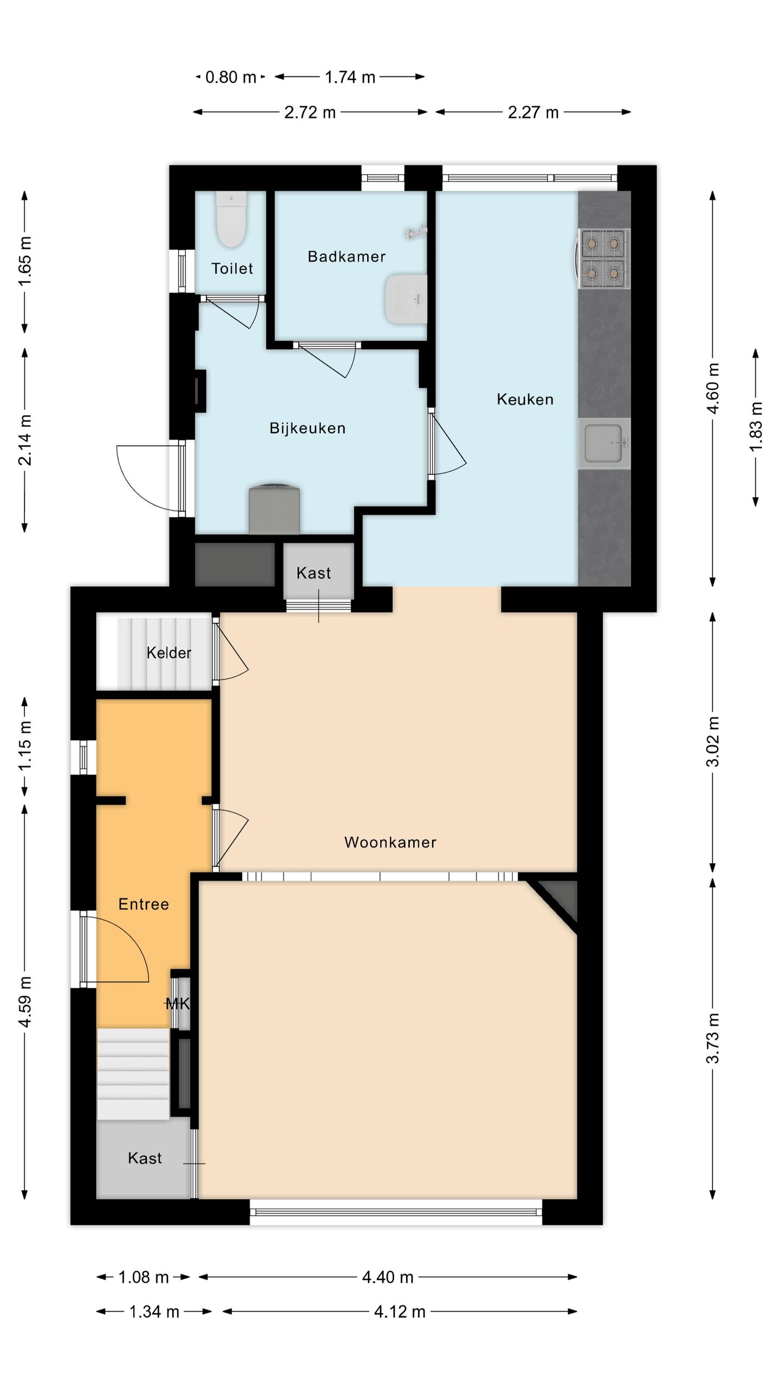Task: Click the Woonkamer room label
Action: (390, 842)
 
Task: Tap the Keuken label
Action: (525, 400)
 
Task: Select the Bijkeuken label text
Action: (307, 428)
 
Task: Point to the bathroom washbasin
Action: (406, 299)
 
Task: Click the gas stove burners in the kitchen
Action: (604, 259)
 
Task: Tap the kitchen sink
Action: (604, 443)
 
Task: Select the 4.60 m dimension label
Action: (714, 388)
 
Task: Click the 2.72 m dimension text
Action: (310, 112)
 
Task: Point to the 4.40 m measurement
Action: (388, 1277)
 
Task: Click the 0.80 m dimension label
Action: (230, 78)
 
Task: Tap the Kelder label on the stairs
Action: (168, 653)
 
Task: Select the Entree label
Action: (144, 904)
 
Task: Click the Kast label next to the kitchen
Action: (314, 573)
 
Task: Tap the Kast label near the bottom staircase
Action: (145, 1158)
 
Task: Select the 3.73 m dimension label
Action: (714, 1038)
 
